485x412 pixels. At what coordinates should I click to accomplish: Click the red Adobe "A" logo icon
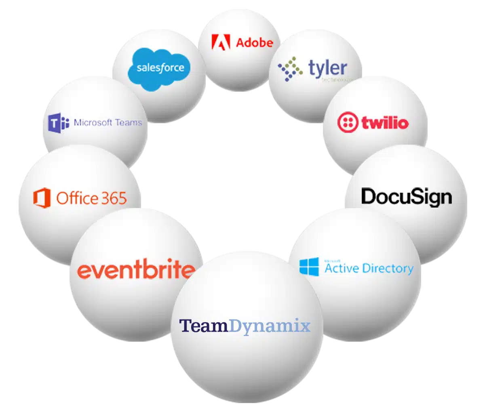coord(221,42)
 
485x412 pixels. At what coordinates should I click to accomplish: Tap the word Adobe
coord(254,42)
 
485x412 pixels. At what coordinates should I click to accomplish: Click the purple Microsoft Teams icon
coord(58,123)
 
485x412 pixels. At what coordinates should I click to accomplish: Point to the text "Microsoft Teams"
coord(108,122)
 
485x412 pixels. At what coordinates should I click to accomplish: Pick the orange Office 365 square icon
coord(42,198)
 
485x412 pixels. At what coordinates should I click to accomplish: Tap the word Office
coord(77,198)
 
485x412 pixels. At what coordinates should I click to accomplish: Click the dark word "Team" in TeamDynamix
coord(204,326)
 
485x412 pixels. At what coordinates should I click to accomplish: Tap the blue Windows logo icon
coord(309,267)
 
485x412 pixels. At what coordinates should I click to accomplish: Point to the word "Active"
coord(342,268)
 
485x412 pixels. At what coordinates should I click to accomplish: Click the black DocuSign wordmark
coord(406,197)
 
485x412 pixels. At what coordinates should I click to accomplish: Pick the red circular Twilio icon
coord(348,122)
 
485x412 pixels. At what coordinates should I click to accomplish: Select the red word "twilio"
coord(385,122)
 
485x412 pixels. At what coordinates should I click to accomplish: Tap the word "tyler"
coord(328,68)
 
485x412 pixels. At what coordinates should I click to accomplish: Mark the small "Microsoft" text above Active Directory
coord(332,261)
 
